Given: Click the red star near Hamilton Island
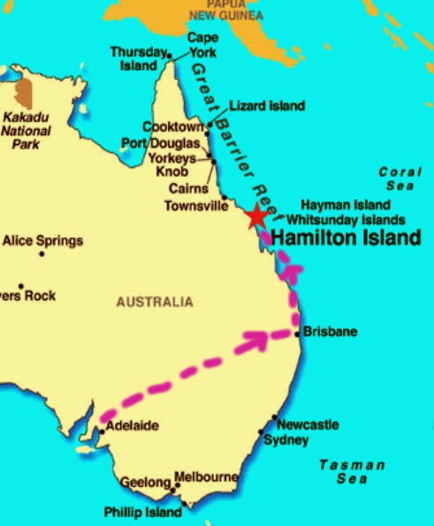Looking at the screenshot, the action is [x=256, y=216].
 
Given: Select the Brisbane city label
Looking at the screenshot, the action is [x=330, y=332].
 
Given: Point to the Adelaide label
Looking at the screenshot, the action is [x=132, y=426].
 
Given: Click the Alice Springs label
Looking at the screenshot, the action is [x=42, y=240].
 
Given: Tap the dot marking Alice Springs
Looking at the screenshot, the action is [x=42, y=255].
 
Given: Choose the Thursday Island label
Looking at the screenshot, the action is [x=138, y=57].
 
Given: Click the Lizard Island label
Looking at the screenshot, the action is [x=266, y=106].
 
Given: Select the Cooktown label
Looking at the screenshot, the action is [x=174, y=127].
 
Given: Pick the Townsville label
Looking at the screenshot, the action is [x=195, y=206].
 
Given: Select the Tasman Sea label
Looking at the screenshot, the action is [x=352, y=471].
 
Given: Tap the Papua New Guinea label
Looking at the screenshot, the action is [x=228, y=11].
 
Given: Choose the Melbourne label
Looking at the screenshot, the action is [x=206, y=477].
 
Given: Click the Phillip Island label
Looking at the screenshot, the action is [x=142, y=511].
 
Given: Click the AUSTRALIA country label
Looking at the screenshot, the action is [x=154, y=302].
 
